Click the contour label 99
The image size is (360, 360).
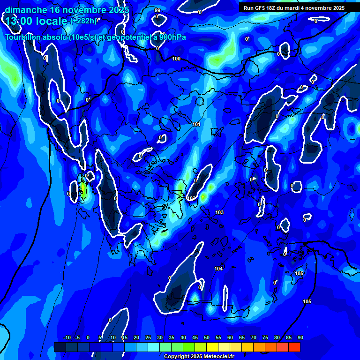coord(157,10)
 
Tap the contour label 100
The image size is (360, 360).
coord(176,59)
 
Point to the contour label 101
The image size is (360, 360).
coord(196,124)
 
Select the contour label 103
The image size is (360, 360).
coord(219,212)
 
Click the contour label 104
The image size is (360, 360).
coord(218,269)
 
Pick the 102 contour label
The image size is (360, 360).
coord(191,198)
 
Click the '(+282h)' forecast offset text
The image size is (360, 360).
coord(83,21)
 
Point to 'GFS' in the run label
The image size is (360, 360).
coord(260,8)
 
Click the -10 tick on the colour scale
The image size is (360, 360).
coord(67,338)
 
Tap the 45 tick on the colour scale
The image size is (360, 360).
coord(195,338)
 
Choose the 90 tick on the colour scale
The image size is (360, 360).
coord(300,338)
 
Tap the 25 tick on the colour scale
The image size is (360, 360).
coord(148,338)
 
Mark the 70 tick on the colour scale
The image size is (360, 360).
coord(253,338)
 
